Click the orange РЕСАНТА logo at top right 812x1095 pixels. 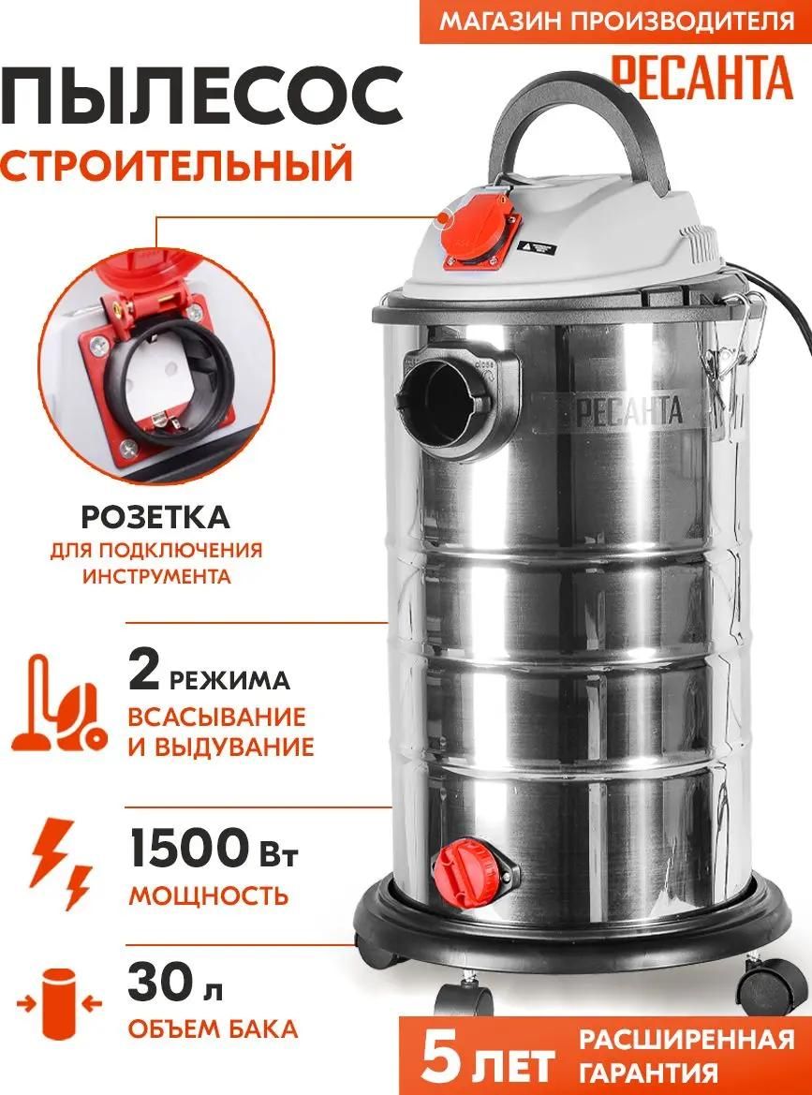[701, 78]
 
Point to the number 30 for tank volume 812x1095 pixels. [158, 985]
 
